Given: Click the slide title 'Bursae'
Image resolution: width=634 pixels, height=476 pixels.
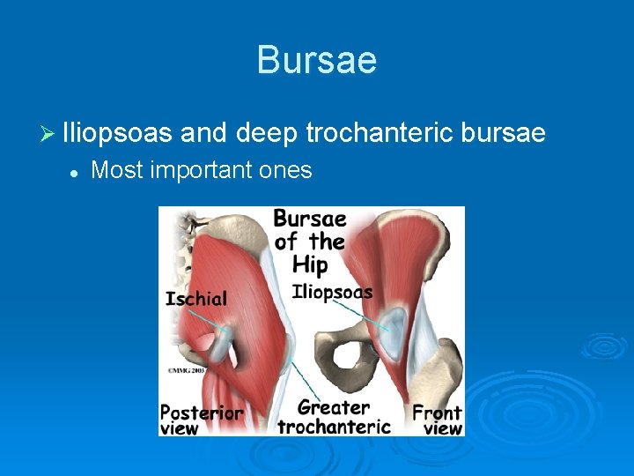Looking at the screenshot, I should point(317,61).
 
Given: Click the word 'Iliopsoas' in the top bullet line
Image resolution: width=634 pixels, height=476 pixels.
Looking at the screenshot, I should point(117,133).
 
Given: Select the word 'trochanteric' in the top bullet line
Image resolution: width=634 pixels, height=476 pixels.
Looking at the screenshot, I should point(381,133).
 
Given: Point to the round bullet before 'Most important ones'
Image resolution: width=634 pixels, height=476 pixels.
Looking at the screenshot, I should point(75,171).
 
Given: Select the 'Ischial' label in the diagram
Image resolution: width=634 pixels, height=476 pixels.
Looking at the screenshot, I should point(195,299).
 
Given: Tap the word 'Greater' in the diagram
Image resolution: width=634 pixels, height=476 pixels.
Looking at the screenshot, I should point(333,407).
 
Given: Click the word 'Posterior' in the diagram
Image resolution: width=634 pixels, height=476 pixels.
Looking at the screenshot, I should point(202,412).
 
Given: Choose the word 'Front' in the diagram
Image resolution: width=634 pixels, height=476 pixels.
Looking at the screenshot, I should point(437,412).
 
